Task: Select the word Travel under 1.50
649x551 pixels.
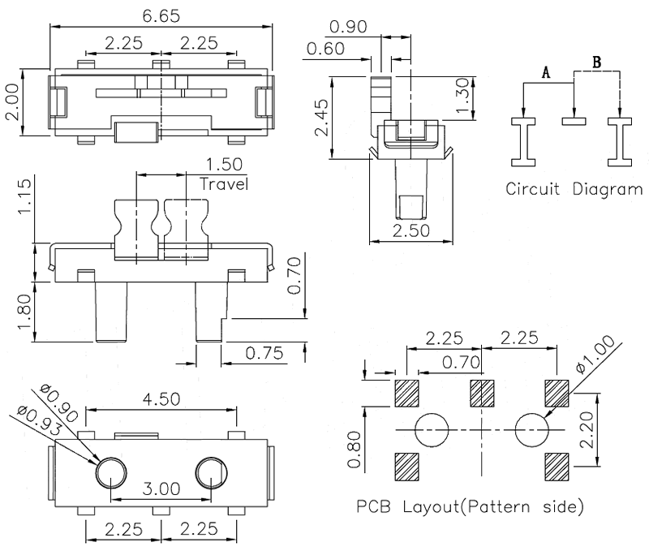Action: [224, 184]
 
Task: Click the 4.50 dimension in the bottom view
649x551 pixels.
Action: [161, 398]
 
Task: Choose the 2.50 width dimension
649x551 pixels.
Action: [410, 230]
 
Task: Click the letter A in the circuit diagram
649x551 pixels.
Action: [547, 73]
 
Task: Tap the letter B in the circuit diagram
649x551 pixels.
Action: [597, 62]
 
